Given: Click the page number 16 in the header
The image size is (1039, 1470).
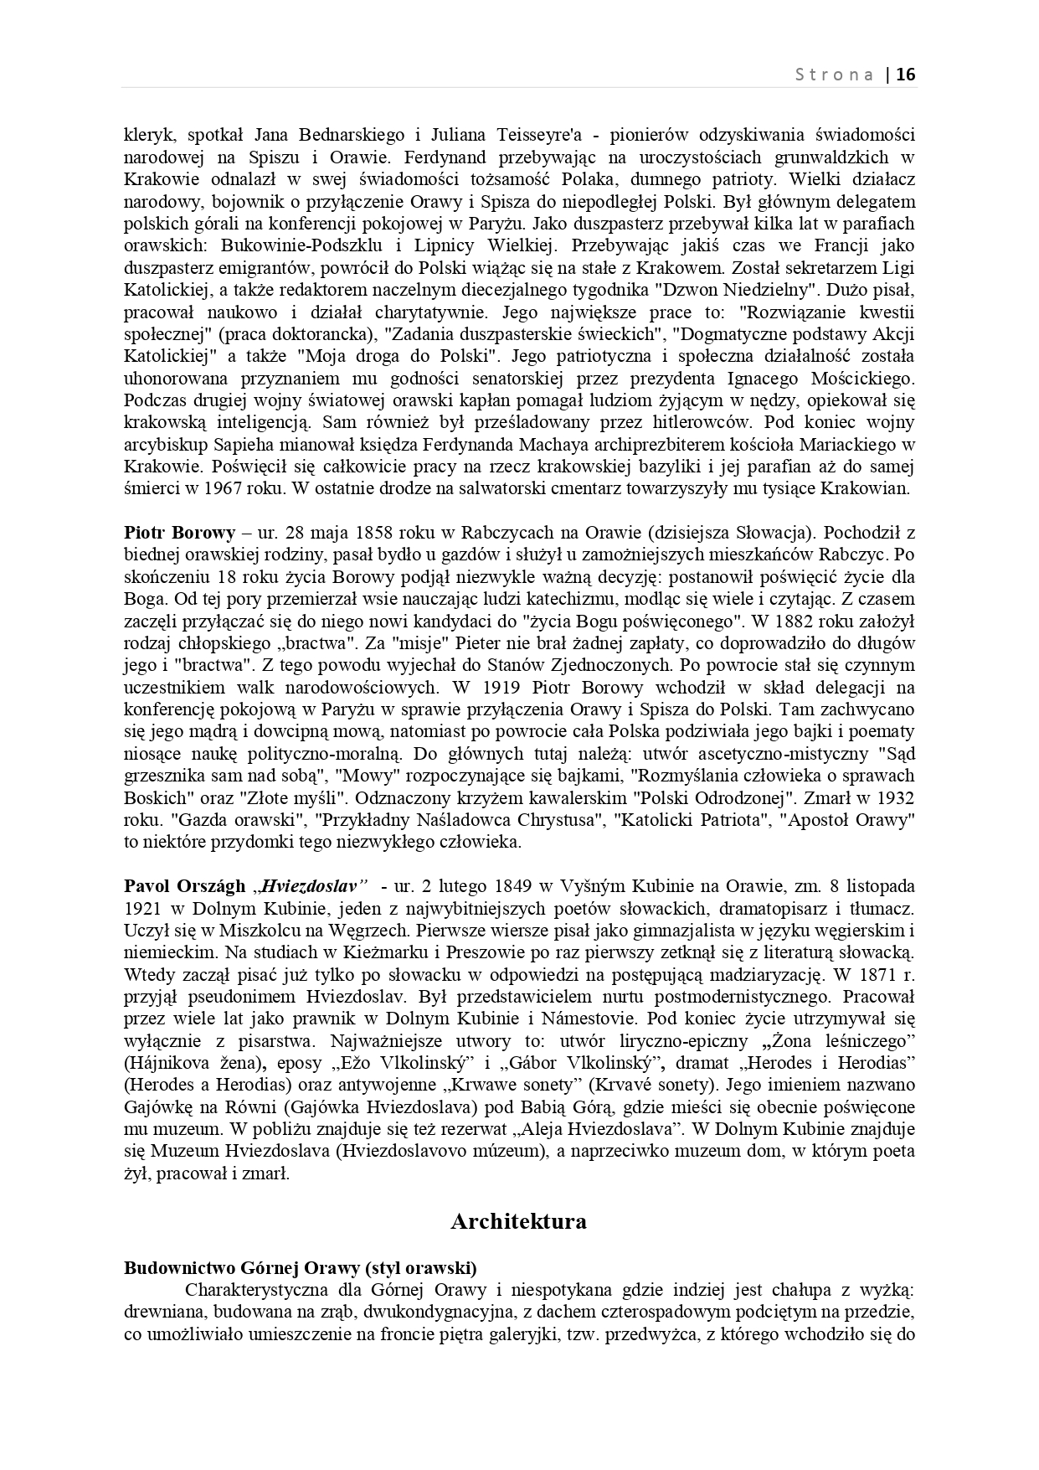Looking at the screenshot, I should pos(906,75).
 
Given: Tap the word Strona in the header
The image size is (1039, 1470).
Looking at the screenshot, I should pos(834,75).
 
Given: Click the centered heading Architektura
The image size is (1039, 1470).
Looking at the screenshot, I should pos(518,1221).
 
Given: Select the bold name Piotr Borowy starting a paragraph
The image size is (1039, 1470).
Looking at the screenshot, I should pos(179,533).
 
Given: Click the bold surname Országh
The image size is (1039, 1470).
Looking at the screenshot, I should pos(212,886).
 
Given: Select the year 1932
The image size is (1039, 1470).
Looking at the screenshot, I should pos(892,797).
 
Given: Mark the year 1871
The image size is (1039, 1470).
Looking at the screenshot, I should pos(867,975).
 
